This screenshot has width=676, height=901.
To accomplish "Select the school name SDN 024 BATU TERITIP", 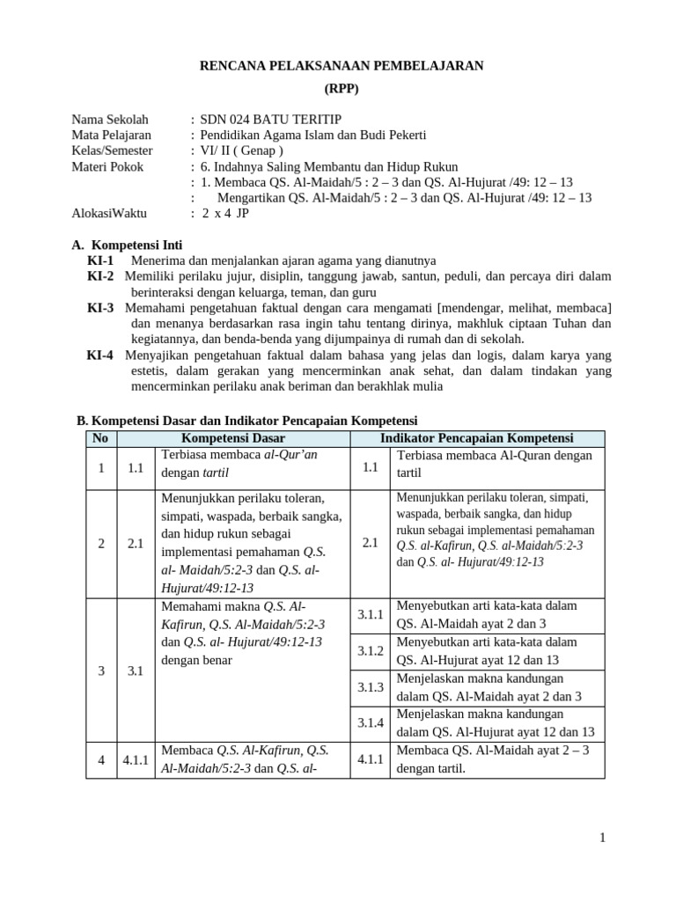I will [x=270, y=120].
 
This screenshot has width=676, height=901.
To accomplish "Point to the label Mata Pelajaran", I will [x=111, y=135].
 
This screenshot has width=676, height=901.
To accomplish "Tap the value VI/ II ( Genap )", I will [x=242, y=150].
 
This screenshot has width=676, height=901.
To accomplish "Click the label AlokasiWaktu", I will [x=109, y=213].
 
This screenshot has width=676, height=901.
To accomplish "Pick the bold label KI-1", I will [x=100, y=260].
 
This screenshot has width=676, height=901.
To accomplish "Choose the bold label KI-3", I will [x=100, y=308].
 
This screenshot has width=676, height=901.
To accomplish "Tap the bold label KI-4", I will [x=100, y=355].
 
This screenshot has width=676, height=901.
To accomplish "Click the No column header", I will [x=100, y=437].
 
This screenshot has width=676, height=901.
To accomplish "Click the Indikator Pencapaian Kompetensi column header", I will [x=477, y=437].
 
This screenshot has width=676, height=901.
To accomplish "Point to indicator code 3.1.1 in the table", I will [x=371, y=614].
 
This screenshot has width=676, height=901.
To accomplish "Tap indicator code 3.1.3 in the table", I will [x=371, y=686].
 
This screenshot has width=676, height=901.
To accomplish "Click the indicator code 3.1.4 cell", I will [x=371, y=722].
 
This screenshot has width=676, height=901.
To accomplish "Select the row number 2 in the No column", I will [x=101, y=544].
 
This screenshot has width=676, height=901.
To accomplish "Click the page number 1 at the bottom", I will [x=602, y=838].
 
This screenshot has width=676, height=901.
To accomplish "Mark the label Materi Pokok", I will [x=107, y=166].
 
